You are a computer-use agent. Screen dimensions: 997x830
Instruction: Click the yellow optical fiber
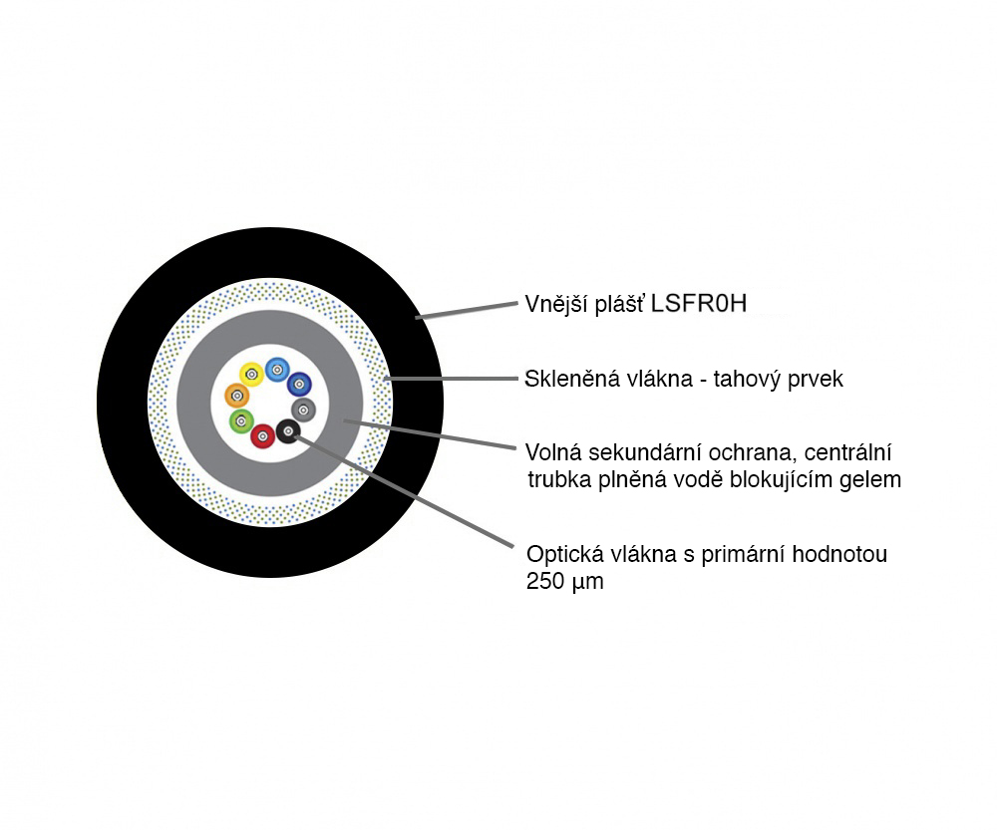pyautogui.click(x=251, y=375)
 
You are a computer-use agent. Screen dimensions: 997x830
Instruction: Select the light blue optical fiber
pyautogui.click(x=277, y=370)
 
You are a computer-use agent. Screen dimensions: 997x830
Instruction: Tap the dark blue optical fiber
pyautogui.click(x=299, y=384)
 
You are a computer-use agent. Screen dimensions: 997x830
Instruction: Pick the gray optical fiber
pyautogui.click(x=304, y=410)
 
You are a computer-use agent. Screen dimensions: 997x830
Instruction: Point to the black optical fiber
pyautogui.click(x=289, y=432)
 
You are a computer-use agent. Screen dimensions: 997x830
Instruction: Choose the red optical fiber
pyautogui.click(x=262, y=436)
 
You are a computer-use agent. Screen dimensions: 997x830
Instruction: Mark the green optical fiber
pyautogui.click(x=241, y=420)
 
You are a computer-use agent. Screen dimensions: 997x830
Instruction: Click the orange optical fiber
pyautogui.click(x=237, y=396)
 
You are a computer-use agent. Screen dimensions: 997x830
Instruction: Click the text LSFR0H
pyautogui.click(x=700, y=304)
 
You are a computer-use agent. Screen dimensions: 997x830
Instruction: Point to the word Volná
pyautogui.click(x=553, y=452)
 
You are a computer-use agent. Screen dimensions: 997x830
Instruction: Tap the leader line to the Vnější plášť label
pyautogui.click(x=467, y=310)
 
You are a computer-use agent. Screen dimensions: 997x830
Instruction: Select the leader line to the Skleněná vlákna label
pyautogui.click(x=452, y=379)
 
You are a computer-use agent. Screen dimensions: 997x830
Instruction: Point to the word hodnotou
pyautogui.click(x=839, y=554)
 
